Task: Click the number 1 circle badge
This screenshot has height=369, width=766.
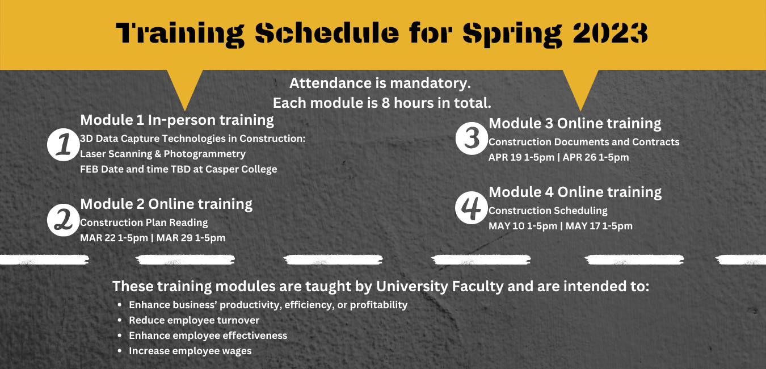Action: (x=64, y=145)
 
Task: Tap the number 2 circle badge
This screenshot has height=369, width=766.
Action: (x=64, y=220)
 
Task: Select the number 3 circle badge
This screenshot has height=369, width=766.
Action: (x=472, y=139)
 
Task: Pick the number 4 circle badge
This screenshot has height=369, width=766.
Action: (x=472, y=208)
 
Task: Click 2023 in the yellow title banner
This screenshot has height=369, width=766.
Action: (x=610, y=33)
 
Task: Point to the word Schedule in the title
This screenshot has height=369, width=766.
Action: (x=327, y=33)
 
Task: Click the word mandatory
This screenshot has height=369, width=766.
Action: (x=430, y=83)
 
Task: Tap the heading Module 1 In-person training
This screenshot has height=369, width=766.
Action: (x=177, y=120)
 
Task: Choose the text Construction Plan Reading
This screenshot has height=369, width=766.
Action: (x=144, y=223)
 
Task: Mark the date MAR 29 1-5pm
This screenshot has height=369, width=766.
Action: (x=191, y=238)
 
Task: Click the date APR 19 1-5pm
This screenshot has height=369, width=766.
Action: (x=521, y=157)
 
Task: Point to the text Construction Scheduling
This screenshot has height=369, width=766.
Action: (x=548, y=211)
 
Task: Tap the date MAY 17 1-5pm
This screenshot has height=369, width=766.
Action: (x=599, y=226)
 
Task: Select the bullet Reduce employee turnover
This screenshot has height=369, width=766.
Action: (x=194, y=320)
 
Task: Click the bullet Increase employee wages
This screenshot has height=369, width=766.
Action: (x=190, y=351)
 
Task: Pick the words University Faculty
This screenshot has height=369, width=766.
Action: (x=440, y=286)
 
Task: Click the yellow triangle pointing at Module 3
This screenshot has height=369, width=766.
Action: (x=580, y=90)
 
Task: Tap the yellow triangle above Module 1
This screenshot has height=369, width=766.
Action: (x=185, y=90)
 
